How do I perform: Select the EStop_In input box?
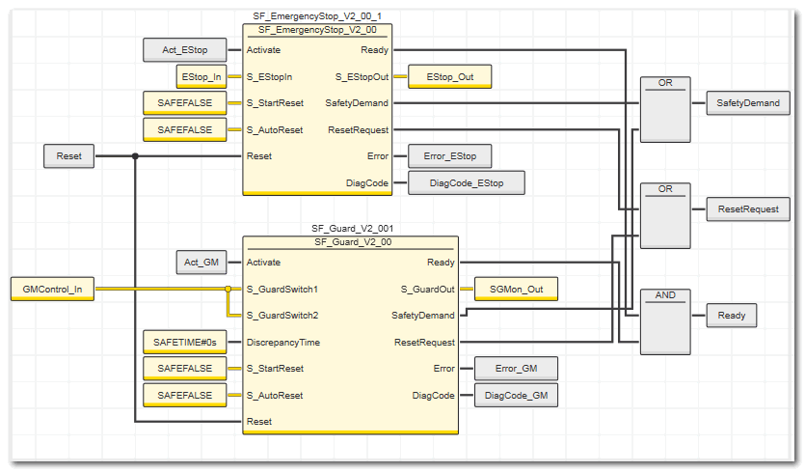point(201,75)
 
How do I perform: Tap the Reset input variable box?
point(68,155)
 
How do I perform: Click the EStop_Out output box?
point(450,75)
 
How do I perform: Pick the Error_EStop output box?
point(450,155)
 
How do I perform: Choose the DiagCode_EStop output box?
point(467,182)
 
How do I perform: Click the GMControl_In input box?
point(52,288)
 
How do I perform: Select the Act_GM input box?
point(201,262)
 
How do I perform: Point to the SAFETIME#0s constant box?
point(184,342)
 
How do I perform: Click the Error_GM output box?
point(516,368)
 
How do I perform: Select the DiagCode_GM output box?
point(516,395)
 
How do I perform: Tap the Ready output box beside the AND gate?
point(732,315)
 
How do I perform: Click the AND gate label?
point(665,294)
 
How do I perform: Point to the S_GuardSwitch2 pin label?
point(282,315)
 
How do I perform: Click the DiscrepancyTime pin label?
point(283,342)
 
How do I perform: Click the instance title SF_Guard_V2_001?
point(350,229)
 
